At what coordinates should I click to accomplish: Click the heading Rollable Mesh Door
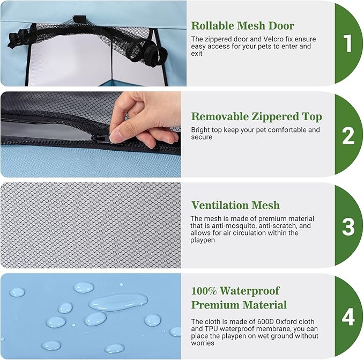click(243, 26)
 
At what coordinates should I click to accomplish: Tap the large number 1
click(348, 43)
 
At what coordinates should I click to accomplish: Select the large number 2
click(348, 135)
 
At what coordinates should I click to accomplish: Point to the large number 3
click(348, 226)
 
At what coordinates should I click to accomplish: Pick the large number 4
click(348, 317)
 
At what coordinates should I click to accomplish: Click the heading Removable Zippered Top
click(257, 116)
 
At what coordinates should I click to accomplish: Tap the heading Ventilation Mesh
click(235, 205)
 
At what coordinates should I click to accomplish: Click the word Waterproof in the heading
click(250, 291)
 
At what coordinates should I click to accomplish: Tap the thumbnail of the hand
click(116, 137)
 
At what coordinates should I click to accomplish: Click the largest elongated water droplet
click(118, 302)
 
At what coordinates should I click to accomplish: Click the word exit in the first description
click(197, 54)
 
